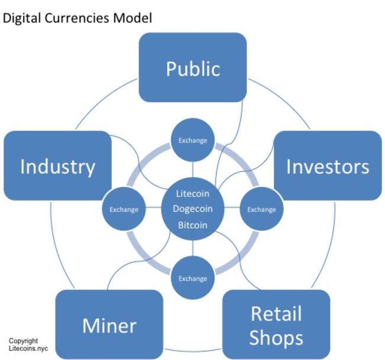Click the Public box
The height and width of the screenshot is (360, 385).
193,67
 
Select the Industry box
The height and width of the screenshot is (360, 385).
58,166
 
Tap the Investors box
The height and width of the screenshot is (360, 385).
328,166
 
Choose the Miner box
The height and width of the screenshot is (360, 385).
109,325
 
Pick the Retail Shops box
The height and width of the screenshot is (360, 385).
276,325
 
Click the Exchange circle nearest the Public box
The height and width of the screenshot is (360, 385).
193,140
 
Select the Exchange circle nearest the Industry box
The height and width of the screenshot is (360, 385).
124,209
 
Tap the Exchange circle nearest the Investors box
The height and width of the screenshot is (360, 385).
261,209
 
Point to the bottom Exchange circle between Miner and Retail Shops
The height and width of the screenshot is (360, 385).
193,278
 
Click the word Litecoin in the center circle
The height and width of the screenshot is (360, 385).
193,194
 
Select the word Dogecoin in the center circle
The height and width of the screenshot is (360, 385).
193,209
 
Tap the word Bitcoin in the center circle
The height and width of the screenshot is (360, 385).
193,225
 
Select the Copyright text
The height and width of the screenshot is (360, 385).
23,341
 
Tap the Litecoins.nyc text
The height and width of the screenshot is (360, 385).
28,348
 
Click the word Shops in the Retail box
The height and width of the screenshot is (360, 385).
276,338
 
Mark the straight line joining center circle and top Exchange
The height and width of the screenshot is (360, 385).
193,170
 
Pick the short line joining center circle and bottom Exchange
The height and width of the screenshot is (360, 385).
193,248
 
